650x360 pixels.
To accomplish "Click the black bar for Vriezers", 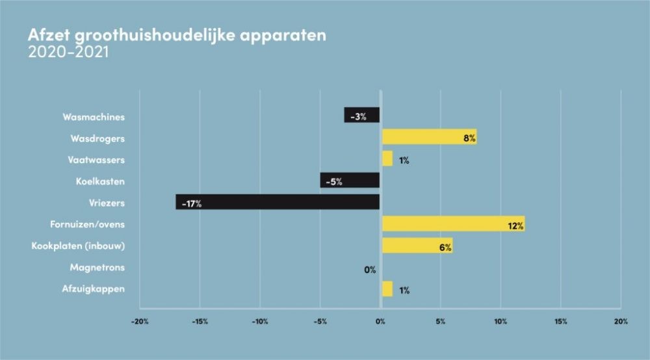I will [x=278, y=202].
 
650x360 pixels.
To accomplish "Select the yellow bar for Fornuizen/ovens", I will [x=453, y=224].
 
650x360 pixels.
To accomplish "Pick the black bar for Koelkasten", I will [x=350, y=181].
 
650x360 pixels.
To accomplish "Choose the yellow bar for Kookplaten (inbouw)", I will [x=417, y=246].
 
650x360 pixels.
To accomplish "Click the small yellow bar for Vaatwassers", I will [x=387, y=159].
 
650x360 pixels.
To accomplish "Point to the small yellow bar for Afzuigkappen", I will [x=387, y=289].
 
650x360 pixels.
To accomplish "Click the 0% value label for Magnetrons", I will [x=370, y=268].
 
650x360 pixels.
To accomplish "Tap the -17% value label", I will [x=192, y=203].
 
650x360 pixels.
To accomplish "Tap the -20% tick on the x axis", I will [x=140, y=321].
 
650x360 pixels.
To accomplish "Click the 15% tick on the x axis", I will [x=561, y=321].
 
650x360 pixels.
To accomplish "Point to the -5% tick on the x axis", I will [x=320, y=321].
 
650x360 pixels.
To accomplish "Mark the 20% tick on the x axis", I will [x=621, y=321].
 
